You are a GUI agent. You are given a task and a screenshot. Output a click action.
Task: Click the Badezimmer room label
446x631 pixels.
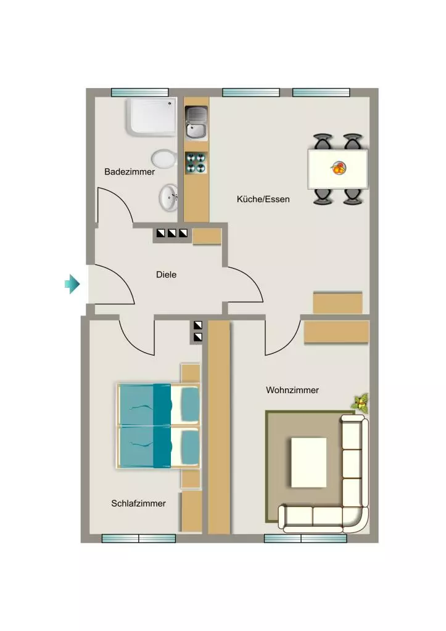point(130,172)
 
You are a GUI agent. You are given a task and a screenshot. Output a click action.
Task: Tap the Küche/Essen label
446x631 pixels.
point(263,199)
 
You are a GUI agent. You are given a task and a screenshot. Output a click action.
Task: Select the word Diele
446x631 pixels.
point(166,274)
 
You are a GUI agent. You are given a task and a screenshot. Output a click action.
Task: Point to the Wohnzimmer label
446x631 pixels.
point(292,390)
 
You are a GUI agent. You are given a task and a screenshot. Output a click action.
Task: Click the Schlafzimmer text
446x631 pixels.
point(139,503)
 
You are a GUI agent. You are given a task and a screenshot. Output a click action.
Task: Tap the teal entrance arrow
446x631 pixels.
point(72,283)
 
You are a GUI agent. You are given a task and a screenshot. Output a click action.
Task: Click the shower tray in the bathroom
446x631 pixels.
point(152,116)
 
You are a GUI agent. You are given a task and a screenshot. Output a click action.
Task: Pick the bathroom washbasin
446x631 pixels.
point(168,198)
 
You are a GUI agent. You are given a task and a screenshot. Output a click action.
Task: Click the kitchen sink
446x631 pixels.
point(196,123)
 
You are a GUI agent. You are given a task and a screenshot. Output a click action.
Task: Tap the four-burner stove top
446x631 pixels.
point(196,163)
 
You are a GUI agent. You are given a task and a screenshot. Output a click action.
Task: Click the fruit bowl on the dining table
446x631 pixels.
point(339,168)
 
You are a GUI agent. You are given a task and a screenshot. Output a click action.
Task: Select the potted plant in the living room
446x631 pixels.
point(361,403)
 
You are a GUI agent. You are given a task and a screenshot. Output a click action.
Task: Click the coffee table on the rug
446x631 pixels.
point(308,462)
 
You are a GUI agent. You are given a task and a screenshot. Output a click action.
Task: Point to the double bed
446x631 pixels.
point(159,426)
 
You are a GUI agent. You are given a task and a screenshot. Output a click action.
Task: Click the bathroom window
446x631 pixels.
point(139,92)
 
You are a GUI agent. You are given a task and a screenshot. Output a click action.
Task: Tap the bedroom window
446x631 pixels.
point(139,539)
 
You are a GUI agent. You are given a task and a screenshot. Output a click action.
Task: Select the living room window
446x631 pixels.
point(305,539)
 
